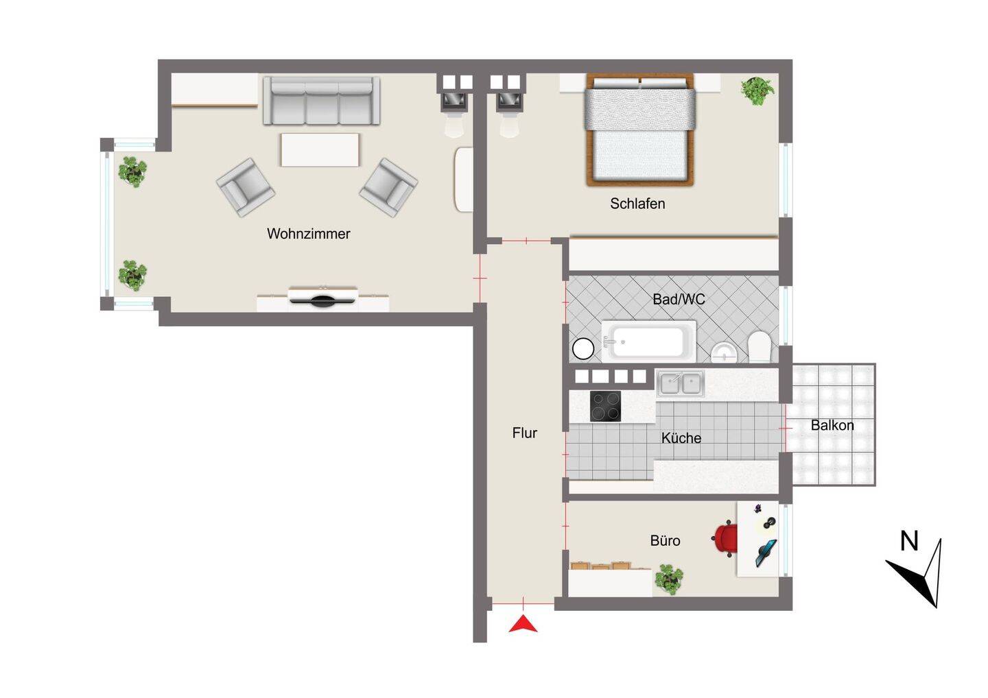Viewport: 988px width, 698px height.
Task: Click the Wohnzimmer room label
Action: [x=308, y=234]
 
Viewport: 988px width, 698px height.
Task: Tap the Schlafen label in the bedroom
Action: [x=637, y=204]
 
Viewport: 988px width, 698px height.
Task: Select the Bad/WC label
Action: [x=679, y=299]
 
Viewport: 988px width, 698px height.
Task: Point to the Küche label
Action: [x=681, y=438]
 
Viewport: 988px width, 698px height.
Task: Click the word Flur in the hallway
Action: [x=524, y=433]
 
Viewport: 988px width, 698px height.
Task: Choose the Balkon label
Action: [x=832, y=425]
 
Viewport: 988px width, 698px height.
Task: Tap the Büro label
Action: [x=665, y=541]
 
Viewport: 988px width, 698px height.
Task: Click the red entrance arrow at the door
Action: [x=523, y=624]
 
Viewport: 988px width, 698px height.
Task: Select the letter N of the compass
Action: [x=909, y=541]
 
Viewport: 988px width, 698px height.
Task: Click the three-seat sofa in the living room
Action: [x=321, y=101]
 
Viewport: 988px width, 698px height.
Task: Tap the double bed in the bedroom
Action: [x=639, y=130]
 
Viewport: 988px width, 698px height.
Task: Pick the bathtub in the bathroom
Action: [x=648, y=341]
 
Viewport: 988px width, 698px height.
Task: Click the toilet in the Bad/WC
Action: [x=760, y=346]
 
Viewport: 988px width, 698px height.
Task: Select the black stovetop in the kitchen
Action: [x=605, y=406]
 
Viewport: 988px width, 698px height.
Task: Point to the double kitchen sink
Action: [x=680, y=383]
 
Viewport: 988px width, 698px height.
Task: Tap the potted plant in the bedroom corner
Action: [x=757, y=91]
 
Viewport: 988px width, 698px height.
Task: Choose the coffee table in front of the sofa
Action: [x=320, y=149]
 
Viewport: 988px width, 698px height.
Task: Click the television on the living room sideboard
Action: [x=322, y=299]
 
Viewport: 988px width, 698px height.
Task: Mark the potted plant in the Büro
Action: [x=668, y=579]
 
